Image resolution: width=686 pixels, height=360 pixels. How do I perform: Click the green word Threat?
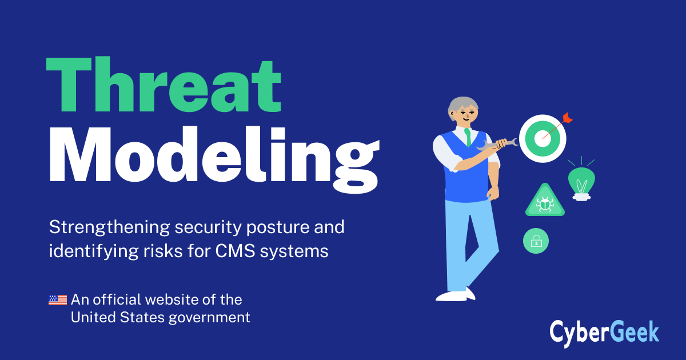pyautogui.click(x=163, y=85)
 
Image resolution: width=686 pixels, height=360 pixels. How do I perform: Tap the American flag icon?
pyautogui.click(x=58, y=300)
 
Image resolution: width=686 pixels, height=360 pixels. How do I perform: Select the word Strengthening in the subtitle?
pyautogui.click(x=109, y=227)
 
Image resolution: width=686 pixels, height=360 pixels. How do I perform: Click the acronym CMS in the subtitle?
pyautogui.click(x=235, y=251)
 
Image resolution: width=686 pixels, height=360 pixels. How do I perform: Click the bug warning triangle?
pyautogui.click(x=545, y=201)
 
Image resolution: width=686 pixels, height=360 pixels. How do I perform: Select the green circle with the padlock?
pyautogui.click(x=536, y=241)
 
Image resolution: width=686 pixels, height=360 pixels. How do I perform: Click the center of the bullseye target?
pyautogui.click(x=543, y=138)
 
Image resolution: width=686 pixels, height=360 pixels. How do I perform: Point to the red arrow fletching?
pyautogui.click(x=568, y=118)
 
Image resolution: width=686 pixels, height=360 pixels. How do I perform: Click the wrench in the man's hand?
pyautogui.click(x=497, y=144)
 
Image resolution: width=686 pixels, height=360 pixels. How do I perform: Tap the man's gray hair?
pyautogui.click(x=462, y=106)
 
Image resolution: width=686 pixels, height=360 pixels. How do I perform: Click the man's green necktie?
pyautogui.click(x=468, y=137)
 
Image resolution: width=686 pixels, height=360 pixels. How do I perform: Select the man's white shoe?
pyautogui.click(x=456, y=294)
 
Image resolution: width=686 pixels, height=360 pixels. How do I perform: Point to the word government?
pyautogui.click(x=209, y=318)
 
